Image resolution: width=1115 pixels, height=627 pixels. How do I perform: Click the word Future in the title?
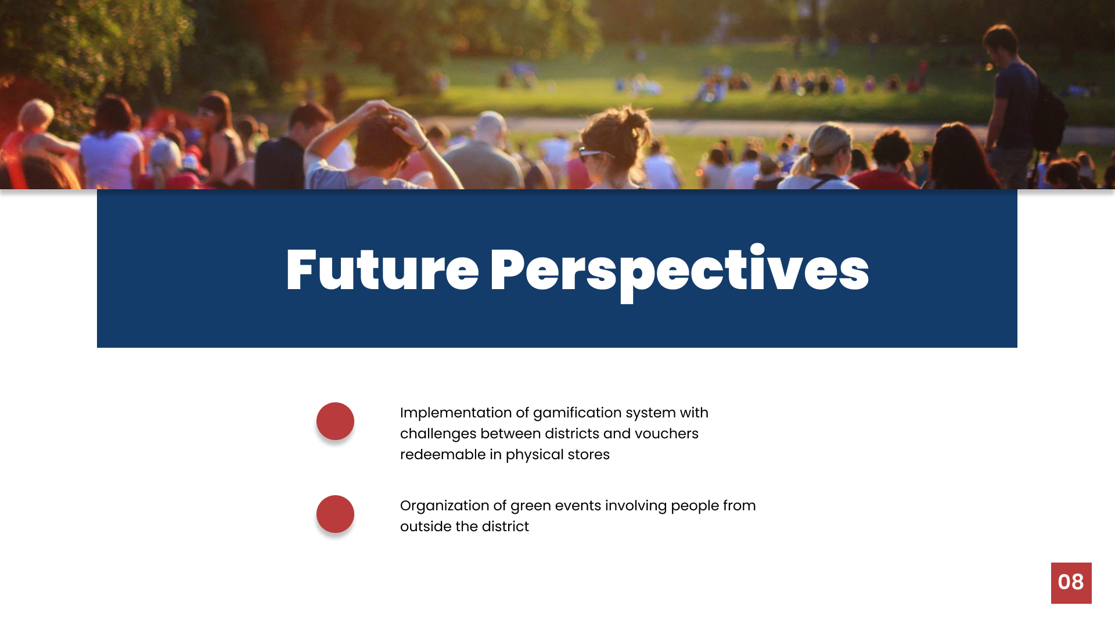point(382,269)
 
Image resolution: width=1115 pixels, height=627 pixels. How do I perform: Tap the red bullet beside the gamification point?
point(335,421)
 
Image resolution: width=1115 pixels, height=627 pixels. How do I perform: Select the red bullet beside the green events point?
point(335,514)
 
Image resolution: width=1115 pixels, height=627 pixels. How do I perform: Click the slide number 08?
point(1071,582)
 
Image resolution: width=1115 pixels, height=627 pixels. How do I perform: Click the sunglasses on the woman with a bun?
point(595,154)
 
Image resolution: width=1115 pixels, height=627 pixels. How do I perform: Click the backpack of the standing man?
point(1049,116)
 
